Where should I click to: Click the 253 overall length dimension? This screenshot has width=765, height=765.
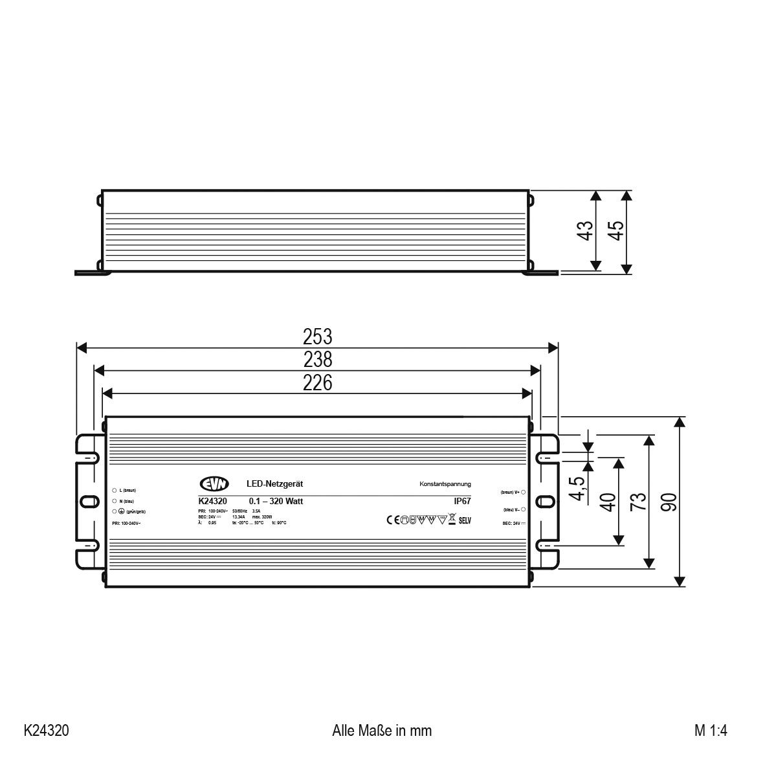[x=317, y=337]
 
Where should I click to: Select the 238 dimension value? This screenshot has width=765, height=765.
[x=317, y=359]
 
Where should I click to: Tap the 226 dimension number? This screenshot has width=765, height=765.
[x=317, y=383]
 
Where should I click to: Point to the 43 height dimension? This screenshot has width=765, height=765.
[x=584, y=230]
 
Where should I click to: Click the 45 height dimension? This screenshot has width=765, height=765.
[x=616, y=230]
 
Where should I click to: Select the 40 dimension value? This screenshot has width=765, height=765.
[x=608, y=502]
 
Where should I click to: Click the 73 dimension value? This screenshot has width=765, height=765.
[x=637, y=502]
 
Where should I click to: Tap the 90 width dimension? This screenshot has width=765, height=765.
[x=669, y=502]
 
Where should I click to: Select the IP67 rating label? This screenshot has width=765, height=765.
[x=461, y=501]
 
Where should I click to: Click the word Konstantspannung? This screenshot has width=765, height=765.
[x=445, y=484]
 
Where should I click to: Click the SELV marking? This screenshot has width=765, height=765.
[x=465, y=520]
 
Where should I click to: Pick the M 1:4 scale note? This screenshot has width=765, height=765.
[x=711, y=731]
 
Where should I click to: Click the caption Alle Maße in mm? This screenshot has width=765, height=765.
[x=381, y=731]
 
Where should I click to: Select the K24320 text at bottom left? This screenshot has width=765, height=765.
[x=46, y=731]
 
